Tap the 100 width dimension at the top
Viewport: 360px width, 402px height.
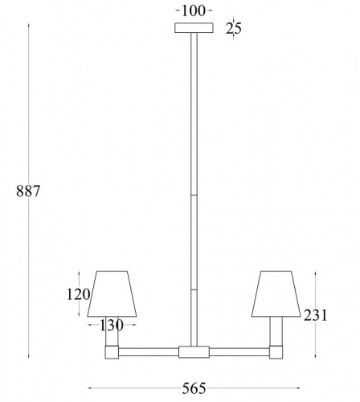[x=194, y=10]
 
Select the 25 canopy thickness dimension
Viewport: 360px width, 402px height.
[x=234, y=29]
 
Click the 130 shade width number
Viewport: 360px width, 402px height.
[x=111, y=325]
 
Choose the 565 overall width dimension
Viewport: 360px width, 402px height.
[x=194, y=388]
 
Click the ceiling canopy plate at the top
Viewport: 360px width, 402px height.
[x=194, y=28]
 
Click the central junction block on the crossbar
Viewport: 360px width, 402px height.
[x=194, y=351]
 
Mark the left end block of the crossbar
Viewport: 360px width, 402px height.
[x=111, y=351]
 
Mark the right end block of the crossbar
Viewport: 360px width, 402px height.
[x=276, y=351]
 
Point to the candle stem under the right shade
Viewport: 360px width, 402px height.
[x=276, y=330]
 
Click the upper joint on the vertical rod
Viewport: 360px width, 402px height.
[x=194, y=194]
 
